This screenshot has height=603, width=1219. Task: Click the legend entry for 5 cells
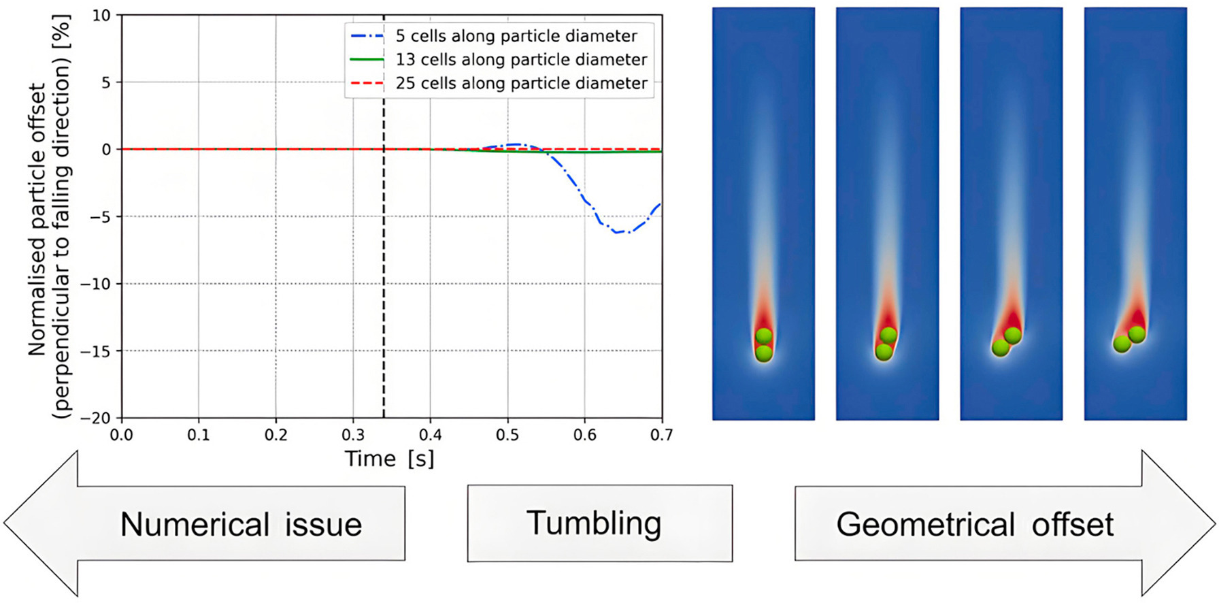tap(516, 36)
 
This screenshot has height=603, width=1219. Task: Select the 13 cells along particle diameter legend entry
tap(521, 60)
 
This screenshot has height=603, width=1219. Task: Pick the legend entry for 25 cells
tap(521, 83)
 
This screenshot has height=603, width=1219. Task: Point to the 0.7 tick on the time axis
tap(661, 435)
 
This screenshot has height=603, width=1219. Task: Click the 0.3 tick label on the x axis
tap(353, 435)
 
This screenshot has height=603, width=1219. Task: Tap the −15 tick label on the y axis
tap(95, 351)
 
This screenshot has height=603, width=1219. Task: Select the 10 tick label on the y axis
tap(101, 15)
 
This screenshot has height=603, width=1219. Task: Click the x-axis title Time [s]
tap(389, 459)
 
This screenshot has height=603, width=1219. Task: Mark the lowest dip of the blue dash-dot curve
tap(620, 233)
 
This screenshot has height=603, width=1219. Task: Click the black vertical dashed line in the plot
tap(384, 272)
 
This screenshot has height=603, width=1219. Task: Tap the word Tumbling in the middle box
tap(594, 523)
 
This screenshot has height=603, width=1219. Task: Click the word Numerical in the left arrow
tap(195, 525)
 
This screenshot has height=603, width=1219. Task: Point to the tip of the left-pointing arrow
tap(6, 523)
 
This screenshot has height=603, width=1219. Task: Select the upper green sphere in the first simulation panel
tap(764, 336)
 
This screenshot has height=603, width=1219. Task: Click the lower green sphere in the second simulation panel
tap(884, 351)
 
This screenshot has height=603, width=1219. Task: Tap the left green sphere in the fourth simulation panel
tap(1122, 344)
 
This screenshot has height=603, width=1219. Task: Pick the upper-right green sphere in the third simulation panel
tap(1013, 336)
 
